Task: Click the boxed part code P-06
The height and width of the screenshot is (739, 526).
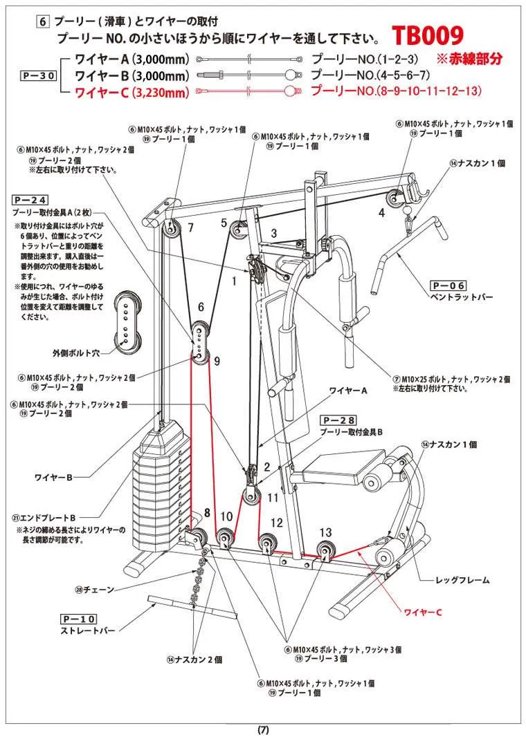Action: click(x=448, y=285)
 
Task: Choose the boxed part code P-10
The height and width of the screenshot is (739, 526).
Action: click(x=78, y=618)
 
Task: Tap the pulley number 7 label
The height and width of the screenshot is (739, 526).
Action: click(x=190, y=227)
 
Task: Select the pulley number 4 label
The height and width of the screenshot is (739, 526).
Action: click(x=381, y=213)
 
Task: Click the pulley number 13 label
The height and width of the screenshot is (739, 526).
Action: click(x=326, y=532)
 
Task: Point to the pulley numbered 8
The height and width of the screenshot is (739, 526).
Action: click(x=200, y=537)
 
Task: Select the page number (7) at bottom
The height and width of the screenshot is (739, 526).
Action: click(x=263, y=730)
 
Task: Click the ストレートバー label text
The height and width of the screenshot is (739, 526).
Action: click(x=87, y=630)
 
